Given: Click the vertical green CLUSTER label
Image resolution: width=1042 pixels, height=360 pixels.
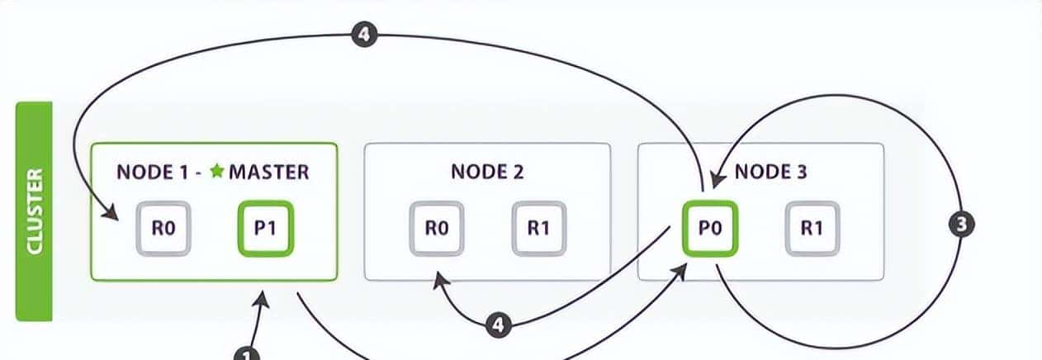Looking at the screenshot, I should point(34,211).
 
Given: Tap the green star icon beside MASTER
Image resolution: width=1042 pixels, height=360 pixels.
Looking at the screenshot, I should point(217,172).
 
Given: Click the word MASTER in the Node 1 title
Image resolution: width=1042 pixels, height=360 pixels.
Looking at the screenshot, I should point(268,172).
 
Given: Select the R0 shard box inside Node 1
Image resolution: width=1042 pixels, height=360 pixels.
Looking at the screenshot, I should point(162,228).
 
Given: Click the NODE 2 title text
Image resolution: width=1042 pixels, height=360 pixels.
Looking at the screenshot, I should point(487,172).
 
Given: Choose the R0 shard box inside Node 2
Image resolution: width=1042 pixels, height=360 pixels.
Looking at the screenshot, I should point(436,228).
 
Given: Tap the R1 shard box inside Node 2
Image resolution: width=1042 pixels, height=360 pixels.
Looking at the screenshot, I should point(538,228).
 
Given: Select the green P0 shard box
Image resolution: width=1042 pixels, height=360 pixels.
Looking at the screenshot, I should point(709,228).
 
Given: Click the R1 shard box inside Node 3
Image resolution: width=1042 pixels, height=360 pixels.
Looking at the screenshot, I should point(812,228).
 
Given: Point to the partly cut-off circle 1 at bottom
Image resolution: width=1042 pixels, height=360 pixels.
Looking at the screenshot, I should point(247,354).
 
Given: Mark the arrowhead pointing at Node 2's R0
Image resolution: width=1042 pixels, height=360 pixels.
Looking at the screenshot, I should point(434,279).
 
